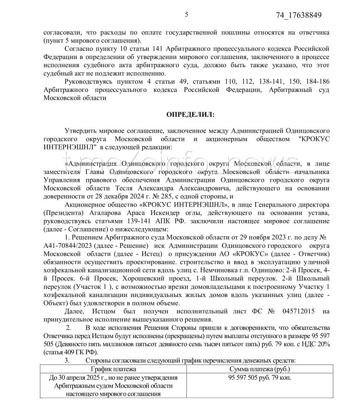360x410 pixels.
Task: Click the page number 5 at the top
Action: coord(186,15)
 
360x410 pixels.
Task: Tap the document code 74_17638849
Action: coord(299,15)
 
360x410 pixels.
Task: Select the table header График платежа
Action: coord(113,368)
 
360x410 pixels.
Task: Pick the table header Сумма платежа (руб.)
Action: coord(259,368)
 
